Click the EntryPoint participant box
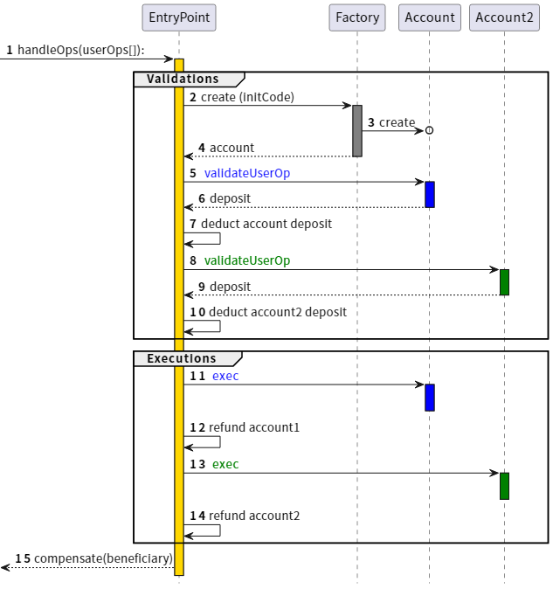[x=179, y=17]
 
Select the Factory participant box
[x=357, y=17]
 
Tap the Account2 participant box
[x=504, y=17]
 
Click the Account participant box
[x=430, y=17]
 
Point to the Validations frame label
[x=183, y=80]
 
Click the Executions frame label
[x=181, y=359]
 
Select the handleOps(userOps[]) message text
[x=81, y=50]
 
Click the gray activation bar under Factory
[x=357, y=131]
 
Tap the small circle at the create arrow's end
[x=429, y=130]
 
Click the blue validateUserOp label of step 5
[x=247, y=174]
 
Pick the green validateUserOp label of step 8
[x=247, y=260]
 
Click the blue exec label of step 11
[x=225, y=377]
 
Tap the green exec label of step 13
[x=225, y=464]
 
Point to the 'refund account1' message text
[x=253, y=427]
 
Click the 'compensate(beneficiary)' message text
[x=103, y=558]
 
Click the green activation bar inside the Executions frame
[x=504, y=486]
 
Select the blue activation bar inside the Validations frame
[x=430, y=194]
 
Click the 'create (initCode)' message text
[x=247, y=97]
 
